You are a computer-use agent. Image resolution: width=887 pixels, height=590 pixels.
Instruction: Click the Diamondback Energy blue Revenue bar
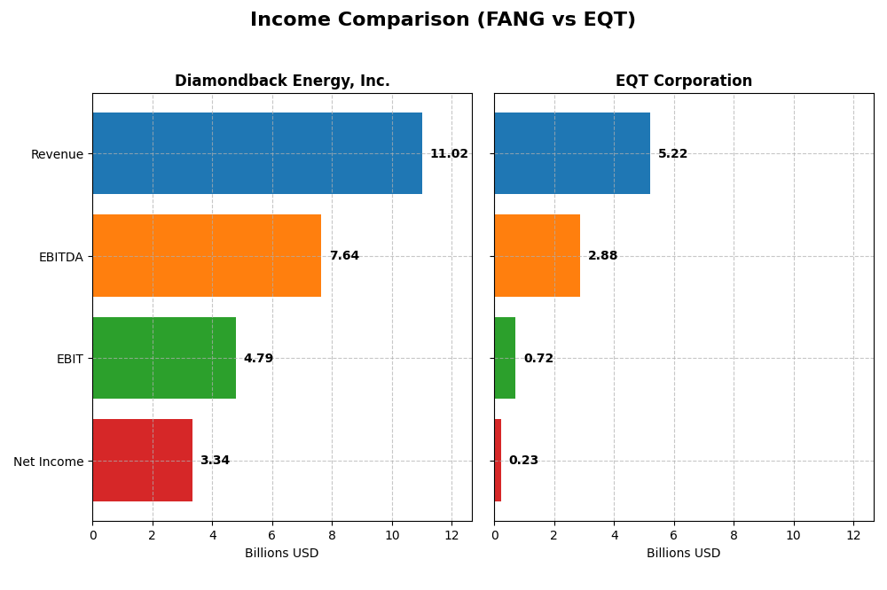[257, 153]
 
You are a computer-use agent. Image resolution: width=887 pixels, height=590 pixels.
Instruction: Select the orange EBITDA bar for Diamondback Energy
[207, 256]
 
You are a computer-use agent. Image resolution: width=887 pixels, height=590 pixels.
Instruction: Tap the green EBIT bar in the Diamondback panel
[164, 358]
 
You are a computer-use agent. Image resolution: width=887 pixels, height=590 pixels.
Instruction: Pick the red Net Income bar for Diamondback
[142, 461]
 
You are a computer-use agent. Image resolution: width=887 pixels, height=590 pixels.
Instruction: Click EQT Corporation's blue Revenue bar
[572, 153]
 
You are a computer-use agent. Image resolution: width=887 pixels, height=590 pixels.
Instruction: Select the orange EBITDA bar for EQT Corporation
[537, 256]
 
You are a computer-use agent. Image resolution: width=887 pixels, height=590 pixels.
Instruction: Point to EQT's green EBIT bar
[505, 358]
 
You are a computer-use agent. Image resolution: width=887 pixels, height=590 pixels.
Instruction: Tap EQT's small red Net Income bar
[498, 461]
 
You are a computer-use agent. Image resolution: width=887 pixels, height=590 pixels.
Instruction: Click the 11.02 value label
[449, 154]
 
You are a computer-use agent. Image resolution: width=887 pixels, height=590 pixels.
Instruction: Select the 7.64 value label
[344, 256]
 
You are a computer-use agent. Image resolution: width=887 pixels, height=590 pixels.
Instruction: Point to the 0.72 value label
[538, 359]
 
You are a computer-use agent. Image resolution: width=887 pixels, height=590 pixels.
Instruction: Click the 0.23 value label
[523, 461]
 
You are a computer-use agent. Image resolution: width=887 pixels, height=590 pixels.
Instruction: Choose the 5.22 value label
[672, 154]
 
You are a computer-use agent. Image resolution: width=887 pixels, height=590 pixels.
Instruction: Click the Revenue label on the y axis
[57, 155]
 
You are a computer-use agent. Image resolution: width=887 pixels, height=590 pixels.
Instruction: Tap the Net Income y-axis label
[48, 462]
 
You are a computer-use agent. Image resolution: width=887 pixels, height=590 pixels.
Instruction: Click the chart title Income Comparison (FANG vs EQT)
[443, 20]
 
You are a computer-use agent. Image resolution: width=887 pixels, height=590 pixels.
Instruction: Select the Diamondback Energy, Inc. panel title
[282, 82]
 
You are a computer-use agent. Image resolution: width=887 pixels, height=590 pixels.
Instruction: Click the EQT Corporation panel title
[684, 82]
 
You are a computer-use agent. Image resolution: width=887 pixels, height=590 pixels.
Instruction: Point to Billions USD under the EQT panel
[683, 554]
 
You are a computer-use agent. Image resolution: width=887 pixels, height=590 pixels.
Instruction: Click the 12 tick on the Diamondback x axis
[451, 536]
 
